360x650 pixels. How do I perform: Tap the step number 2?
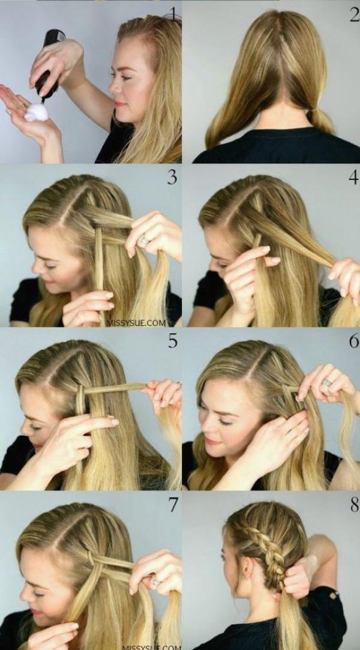354,14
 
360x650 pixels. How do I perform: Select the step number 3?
172,177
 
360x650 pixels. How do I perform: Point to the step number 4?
354,177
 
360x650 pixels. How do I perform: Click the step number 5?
173,340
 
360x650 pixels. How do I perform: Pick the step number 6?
354,340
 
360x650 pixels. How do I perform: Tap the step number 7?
173,505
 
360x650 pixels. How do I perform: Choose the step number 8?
354,505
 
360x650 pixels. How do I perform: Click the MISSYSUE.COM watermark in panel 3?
136,322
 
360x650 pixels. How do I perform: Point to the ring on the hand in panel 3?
144,239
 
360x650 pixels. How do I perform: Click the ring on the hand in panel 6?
327,383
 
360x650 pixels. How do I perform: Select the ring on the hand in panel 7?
155,582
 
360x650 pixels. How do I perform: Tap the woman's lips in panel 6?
213,441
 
